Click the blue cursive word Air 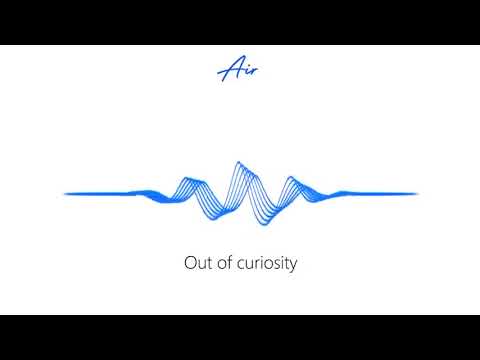(240, 69)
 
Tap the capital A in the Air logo (230, 69)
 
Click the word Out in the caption (197, 264)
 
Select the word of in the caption (224, 264)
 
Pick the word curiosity (266, 265)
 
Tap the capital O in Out (190, 264)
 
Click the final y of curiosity (293, 267)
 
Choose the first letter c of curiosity (240, 266)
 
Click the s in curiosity (276, 266)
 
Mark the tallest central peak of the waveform (238, 162)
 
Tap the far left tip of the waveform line (66, 193)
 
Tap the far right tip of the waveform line (416, 193)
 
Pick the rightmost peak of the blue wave (291, 179)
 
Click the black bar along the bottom (240, 337)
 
